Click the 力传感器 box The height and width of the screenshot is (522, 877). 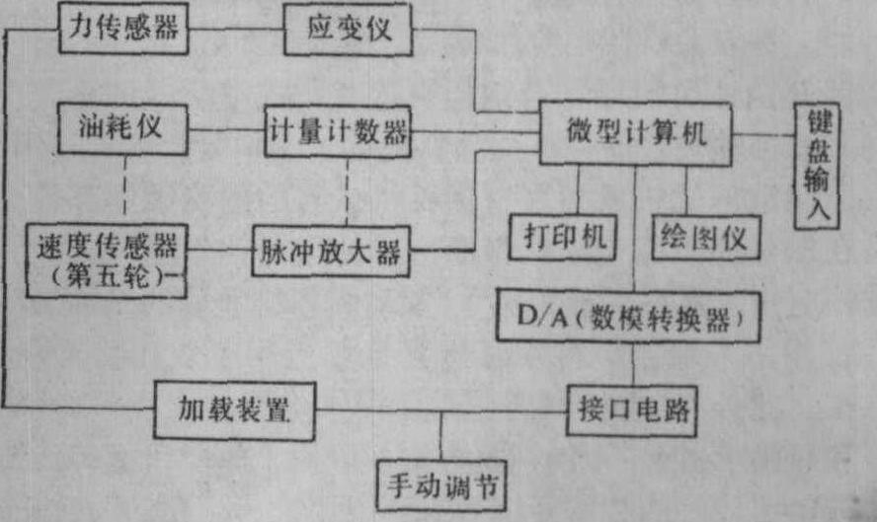123,29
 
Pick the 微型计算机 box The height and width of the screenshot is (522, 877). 636,132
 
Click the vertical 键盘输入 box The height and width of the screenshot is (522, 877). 818,166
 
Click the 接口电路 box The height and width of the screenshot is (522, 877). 633,408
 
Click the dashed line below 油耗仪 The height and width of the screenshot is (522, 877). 125,187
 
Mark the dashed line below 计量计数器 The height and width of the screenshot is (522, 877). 348,190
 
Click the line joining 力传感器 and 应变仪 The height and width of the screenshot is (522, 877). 236,29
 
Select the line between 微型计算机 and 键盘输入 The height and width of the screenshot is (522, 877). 766,132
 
